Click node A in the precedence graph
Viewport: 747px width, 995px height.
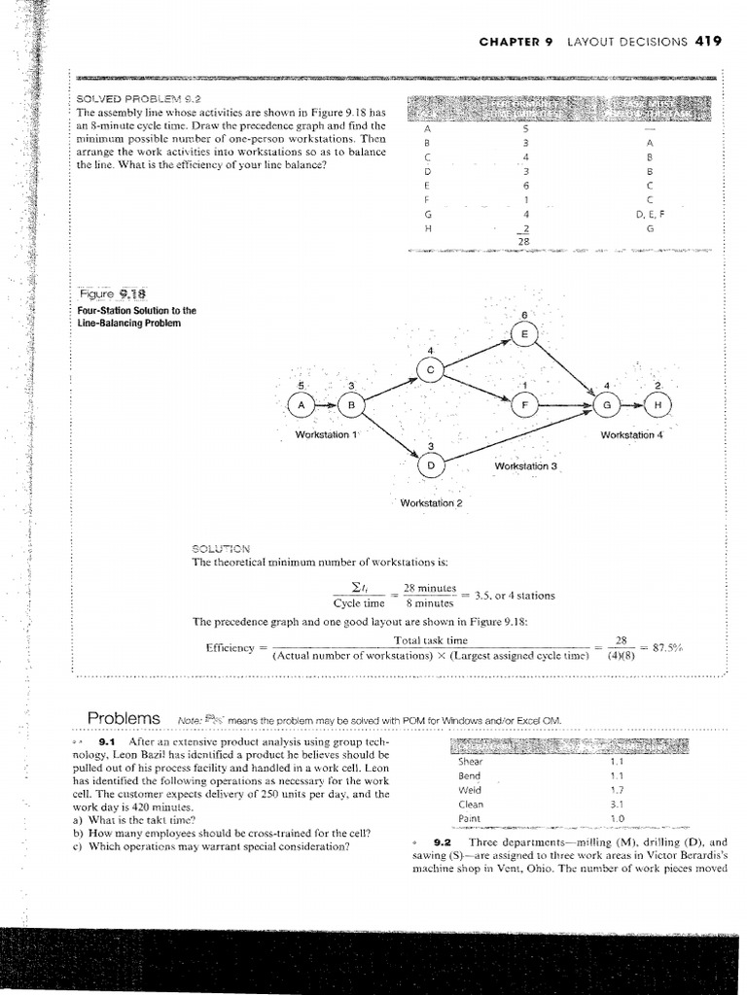[302, 404]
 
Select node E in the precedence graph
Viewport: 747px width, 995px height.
[524, 333]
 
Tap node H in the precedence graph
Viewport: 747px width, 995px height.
[658, 404]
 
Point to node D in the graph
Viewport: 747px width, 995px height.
[431, 465]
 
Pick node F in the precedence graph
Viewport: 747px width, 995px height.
[524, 404]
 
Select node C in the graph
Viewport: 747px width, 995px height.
[431, 368]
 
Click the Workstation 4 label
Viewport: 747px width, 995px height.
[632, 434]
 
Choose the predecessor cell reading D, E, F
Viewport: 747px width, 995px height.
[650, 212]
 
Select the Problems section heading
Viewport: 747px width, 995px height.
[124, 718]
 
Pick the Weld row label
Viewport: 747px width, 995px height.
[470, 791]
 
